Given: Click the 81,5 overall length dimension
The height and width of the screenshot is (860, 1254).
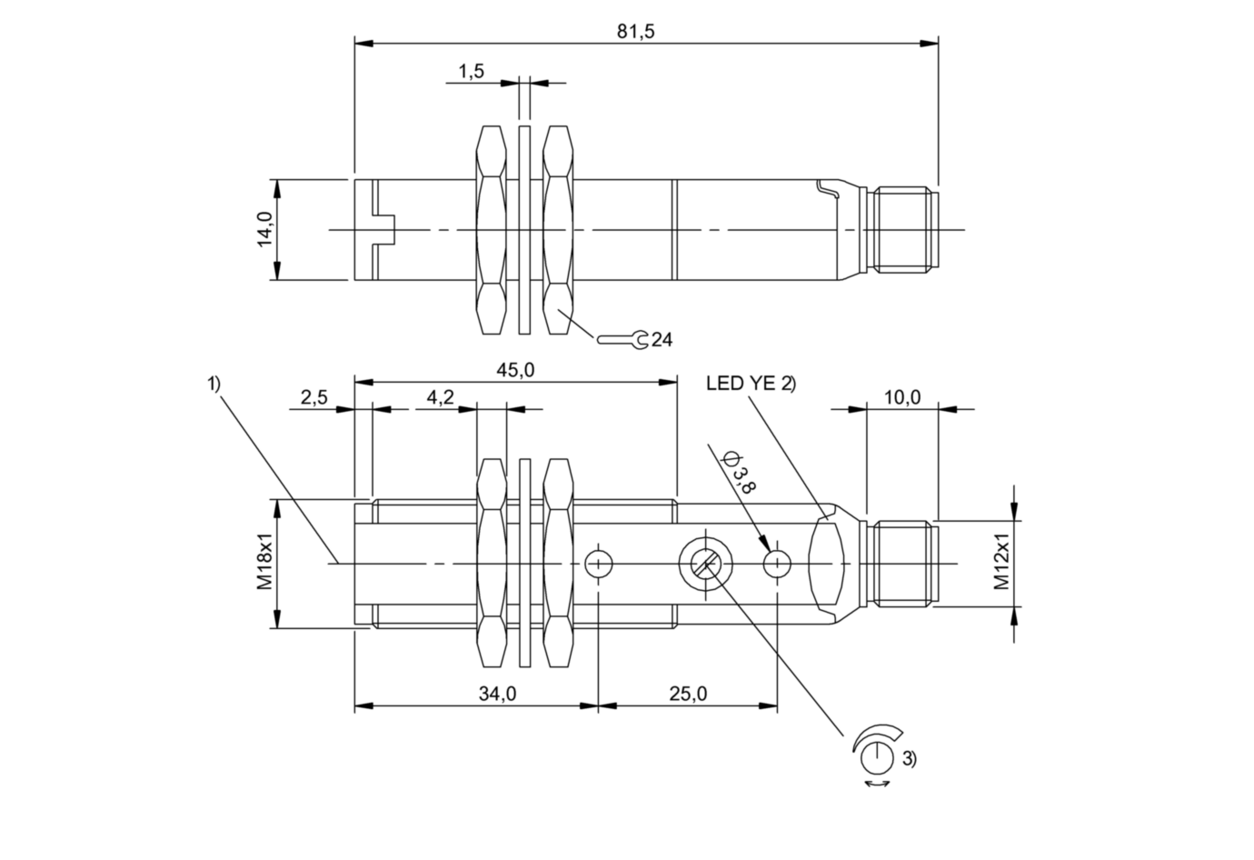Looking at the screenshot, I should tap(636, 30).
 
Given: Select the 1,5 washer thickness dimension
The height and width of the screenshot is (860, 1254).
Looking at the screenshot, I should tap(471, 72).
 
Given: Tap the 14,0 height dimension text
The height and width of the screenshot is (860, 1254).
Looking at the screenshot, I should tap(264, 229).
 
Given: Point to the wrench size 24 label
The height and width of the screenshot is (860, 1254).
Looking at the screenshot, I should tap(662, 340).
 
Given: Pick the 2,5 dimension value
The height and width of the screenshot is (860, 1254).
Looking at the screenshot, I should tap(313, 397).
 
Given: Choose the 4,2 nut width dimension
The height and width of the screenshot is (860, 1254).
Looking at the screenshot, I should tap(440, 397).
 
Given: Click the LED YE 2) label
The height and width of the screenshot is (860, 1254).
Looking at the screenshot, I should tap(750, 384).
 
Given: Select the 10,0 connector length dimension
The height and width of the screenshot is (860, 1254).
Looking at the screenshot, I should tap(902, 397).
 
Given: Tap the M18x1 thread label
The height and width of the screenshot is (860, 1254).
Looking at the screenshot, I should tap(264, 563).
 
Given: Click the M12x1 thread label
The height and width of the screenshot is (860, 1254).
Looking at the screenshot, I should tap(1001, 563).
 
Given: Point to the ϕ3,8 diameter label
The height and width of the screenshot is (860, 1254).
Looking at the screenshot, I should tap(739, 472).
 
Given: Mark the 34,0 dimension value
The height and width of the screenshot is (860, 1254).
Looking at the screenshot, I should tap(497, 695).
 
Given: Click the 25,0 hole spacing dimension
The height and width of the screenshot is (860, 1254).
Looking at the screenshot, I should tap(688, 695).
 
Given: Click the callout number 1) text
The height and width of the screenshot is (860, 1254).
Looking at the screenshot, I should tap(213, 385).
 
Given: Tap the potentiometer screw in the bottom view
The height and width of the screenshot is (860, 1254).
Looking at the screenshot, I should tap(704, 565).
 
